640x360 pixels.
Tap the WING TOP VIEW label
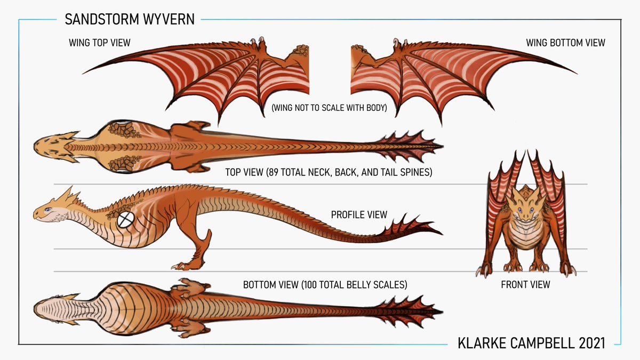click(x=100, y=42)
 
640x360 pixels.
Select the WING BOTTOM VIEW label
click(x=565, y=42)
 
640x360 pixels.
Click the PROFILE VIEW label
click(x=359, y=215)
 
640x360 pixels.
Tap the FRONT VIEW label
click(x=525, y=285)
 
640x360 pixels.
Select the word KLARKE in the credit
click(x=482, y=343)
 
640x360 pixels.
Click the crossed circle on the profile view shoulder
click(x=126, y=219)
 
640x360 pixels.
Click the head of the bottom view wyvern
click(x=53, y=308)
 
